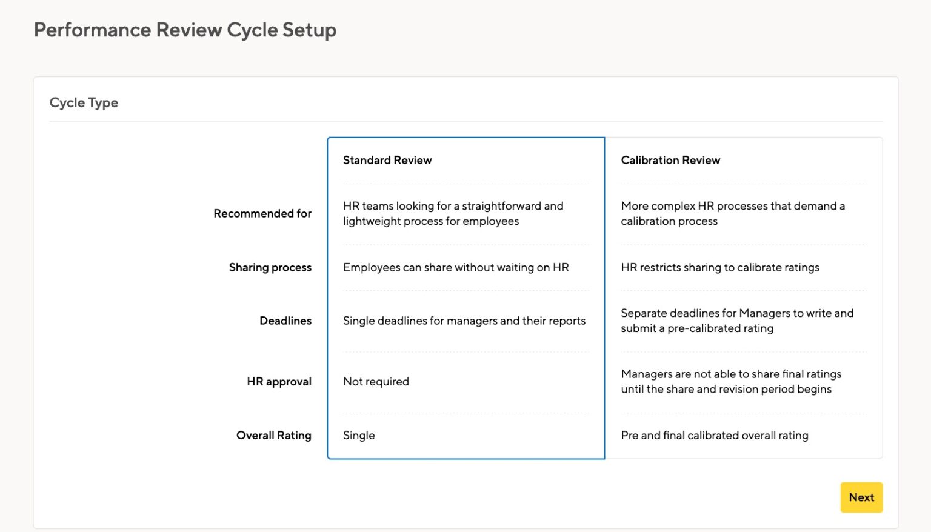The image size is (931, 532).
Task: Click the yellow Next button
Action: (861, 497)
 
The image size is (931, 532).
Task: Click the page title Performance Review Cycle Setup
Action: (185, 30)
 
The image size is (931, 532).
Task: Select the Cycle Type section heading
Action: (84, 102)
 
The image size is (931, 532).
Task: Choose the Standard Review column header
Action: (387, 160)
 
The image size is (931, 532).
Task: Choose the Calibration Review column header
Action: (670, 160)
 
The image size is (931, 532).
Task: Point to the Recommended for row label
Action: (262, 213)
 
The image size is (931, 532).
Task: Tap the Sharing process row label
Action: (270, 267)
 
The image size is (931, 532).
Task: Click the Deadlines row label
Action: (285, 321)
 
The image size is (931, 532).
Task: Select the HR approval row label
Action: (279, 382)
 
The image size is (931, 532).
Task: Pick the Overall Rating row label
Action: (274, 435)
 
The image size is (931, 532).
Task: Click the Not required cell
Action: (376, 382)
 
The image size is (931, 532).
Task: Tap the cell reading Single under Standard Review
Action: (359, 435)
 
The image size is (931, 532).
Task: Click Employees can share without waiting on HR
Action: (456, 267)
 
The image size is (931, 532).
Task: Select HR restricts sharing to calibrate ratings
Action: (720, 267)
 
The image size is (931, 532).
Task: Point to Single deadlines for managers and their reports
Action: (464, 321)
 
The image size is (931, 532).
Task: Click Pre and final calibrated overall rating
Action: (715, 435)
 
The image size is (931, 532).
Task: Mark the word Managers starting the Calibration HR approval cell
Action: (646, 374)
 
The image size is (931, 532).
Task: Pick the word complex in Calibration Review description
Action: (673, 206)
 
